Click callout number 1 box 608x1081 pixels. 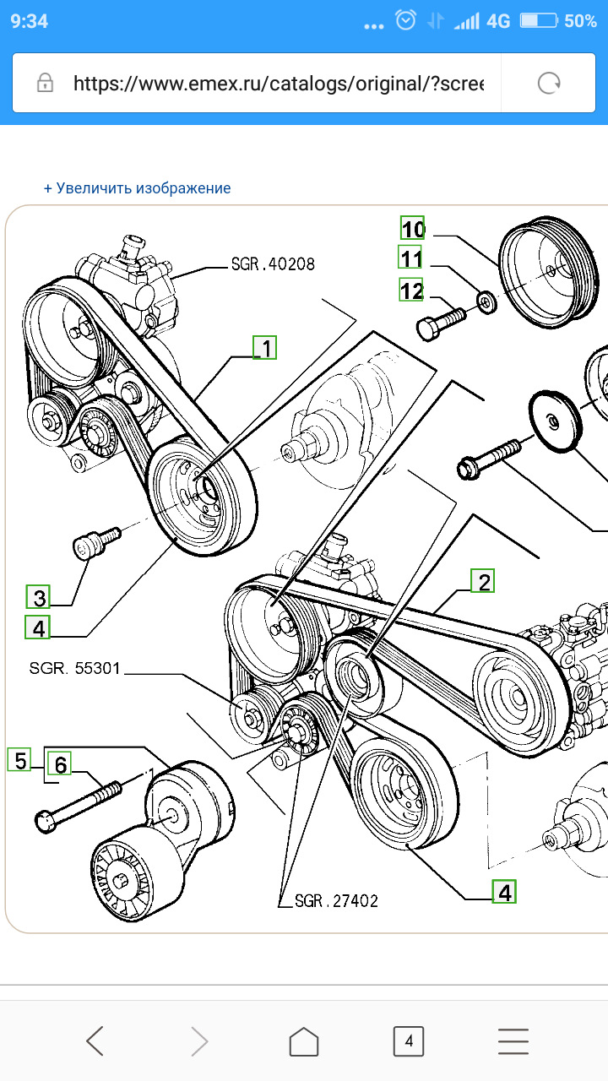point(265,347)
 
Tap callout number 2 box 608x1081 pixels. point(482,581)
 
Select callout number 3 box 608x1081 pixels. point(38,598)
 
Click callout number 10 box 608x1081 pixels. point(412,229)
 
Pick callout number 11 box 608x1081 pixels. point(410,258)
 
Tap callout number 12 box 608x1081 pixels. point(411,291)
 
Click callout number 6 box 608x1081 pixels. point(59,765)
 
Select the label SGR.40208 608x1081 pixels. point(273,264)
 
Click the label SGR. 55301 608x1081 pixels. point(75,669)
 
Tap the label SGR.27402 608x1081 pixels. point(336,901)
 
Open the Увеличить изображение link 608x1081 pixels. point(138,188)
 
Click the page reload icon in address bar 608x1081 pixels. point(550,83)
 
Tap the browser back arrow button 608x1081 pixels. point(95,1041)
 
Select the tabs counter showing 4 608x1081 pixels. point(409,1041)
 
